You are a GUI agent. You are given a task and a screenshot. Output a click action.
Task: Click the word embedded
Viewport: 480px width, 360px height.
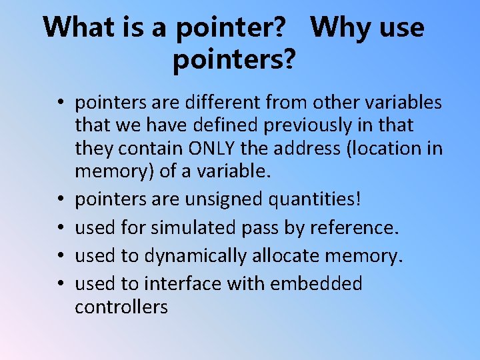(316, 284)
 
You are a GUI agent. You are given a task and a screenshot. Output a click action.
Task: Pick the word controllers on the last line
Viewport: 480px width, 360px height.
(121, 307)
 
